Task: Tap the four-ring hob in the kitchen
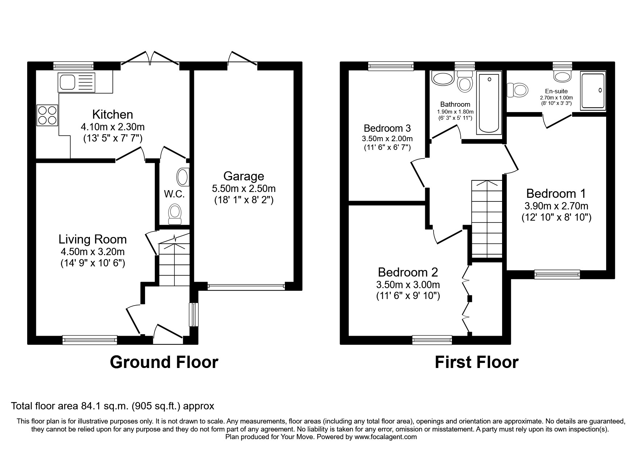pos(47,115)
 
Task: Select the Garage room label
pos(244,176)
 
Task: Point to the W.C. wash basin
pos(182,177)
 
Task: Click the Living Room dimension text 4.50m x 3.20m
pos(93,252)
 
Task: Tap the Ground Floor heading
pos(164,362)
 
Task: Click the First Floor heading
pos(476,362)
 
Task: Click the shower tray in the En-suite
pos(593,91)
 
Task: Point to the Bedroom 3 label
pos(387,128)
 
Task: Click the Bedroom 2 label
pos(408,272)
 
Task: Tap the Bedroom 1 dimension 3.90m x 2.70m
pos(556,206)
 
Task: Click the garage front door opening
pos(246,287)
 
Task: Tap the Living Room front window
pos(90,340)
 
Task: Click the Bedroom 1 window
pos(557,274)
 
